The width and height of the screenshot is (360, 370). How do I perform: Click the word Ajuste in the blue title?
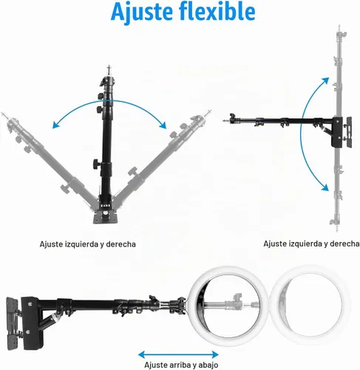point(142,13)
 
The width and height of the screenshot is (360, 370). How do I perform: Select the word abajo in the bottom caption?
point(208,365)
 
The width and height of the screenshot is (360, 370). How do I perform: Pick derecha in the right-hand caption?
point(344,243)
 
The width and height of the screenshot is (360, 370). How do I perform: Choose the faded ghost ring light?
point(310,306)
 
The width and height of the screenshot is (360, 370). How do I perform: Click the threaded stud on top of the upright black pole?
point(109,70)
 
